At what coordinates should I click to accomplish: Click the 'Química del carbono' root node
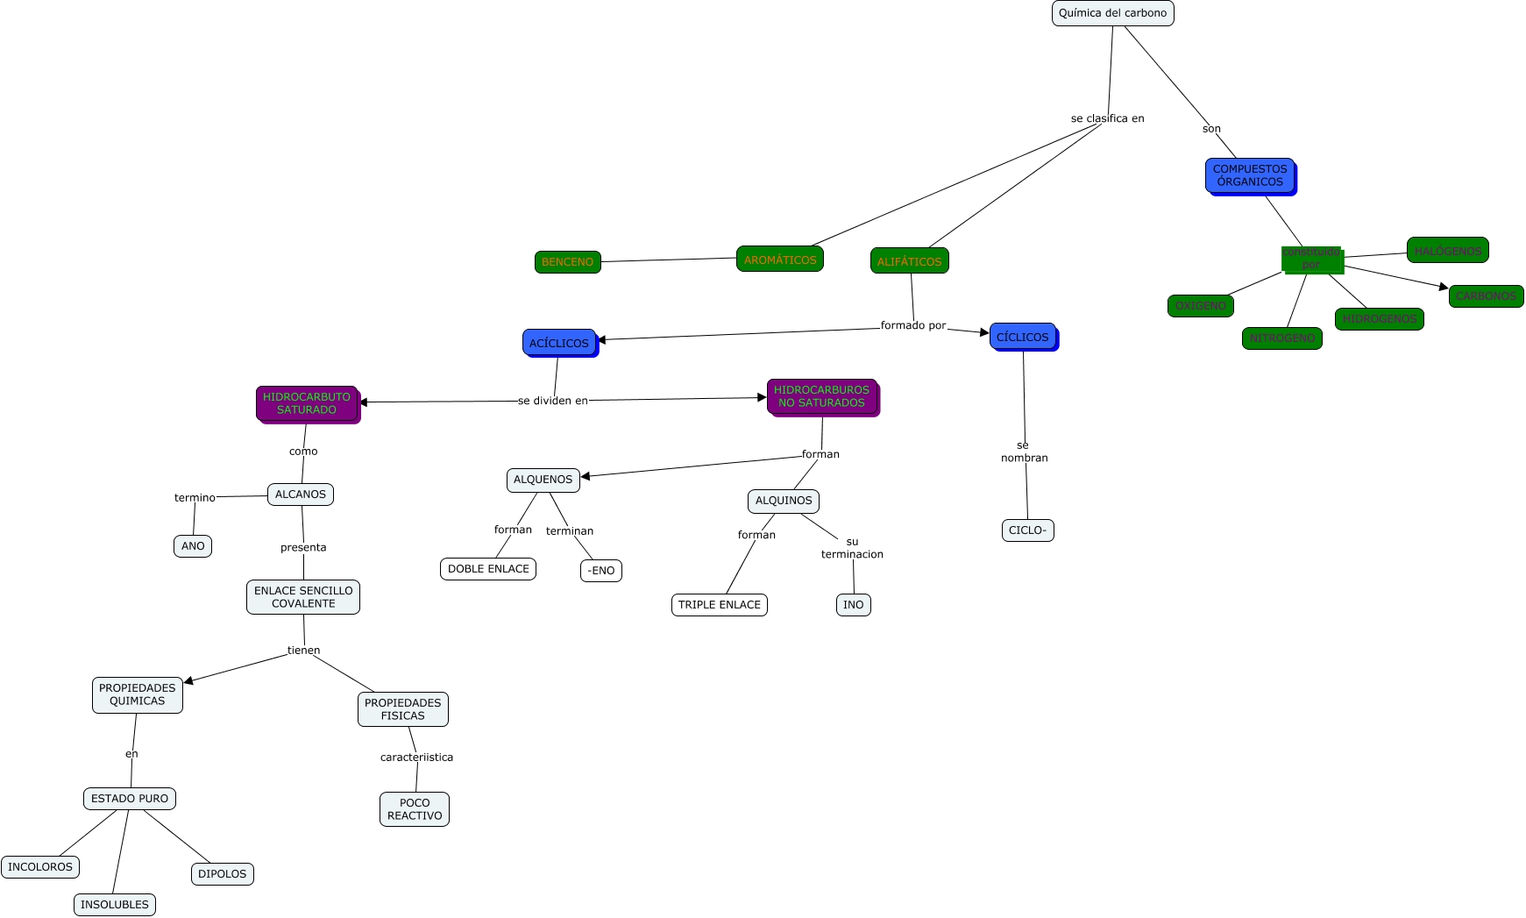1112,13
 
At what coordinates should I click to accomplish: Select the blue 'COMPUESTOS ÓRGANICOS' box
1250,175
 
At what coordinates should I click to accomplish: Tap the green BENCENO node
567,262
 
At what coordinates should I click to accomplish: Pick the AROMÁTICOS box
779,260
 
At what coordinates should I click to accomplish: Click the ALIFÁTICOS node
909,261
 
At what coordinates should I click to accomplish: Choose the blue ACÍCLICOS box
559,343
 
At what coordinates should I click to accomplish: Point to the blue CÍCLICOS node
1022,337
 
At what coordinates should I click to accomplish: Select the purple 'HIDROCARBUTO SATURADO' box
307,403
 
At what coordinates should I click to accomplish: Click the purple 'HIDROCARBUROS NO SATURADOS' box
821,396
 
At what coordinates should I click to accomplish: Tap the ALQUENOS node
543,480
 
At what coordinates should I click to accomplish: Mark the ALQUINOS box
784,501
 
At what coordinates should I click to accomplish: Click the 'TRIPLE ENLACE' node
719,605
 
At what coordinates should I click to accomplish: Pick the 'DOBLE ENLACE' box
488,569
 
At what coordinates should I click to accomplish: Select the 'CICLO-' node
1027,530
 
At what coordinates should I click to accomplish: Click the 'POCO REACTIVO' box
415,809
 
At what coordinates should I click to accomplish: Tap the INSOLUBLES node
115,905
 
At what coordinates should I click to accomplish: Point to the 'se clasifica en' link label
1107,118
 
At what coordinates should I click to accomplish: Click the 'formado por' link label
913,325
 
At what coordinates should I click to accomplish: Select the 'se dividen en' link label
553,401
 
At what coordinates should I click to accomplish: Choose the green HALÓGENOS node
1447,251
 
